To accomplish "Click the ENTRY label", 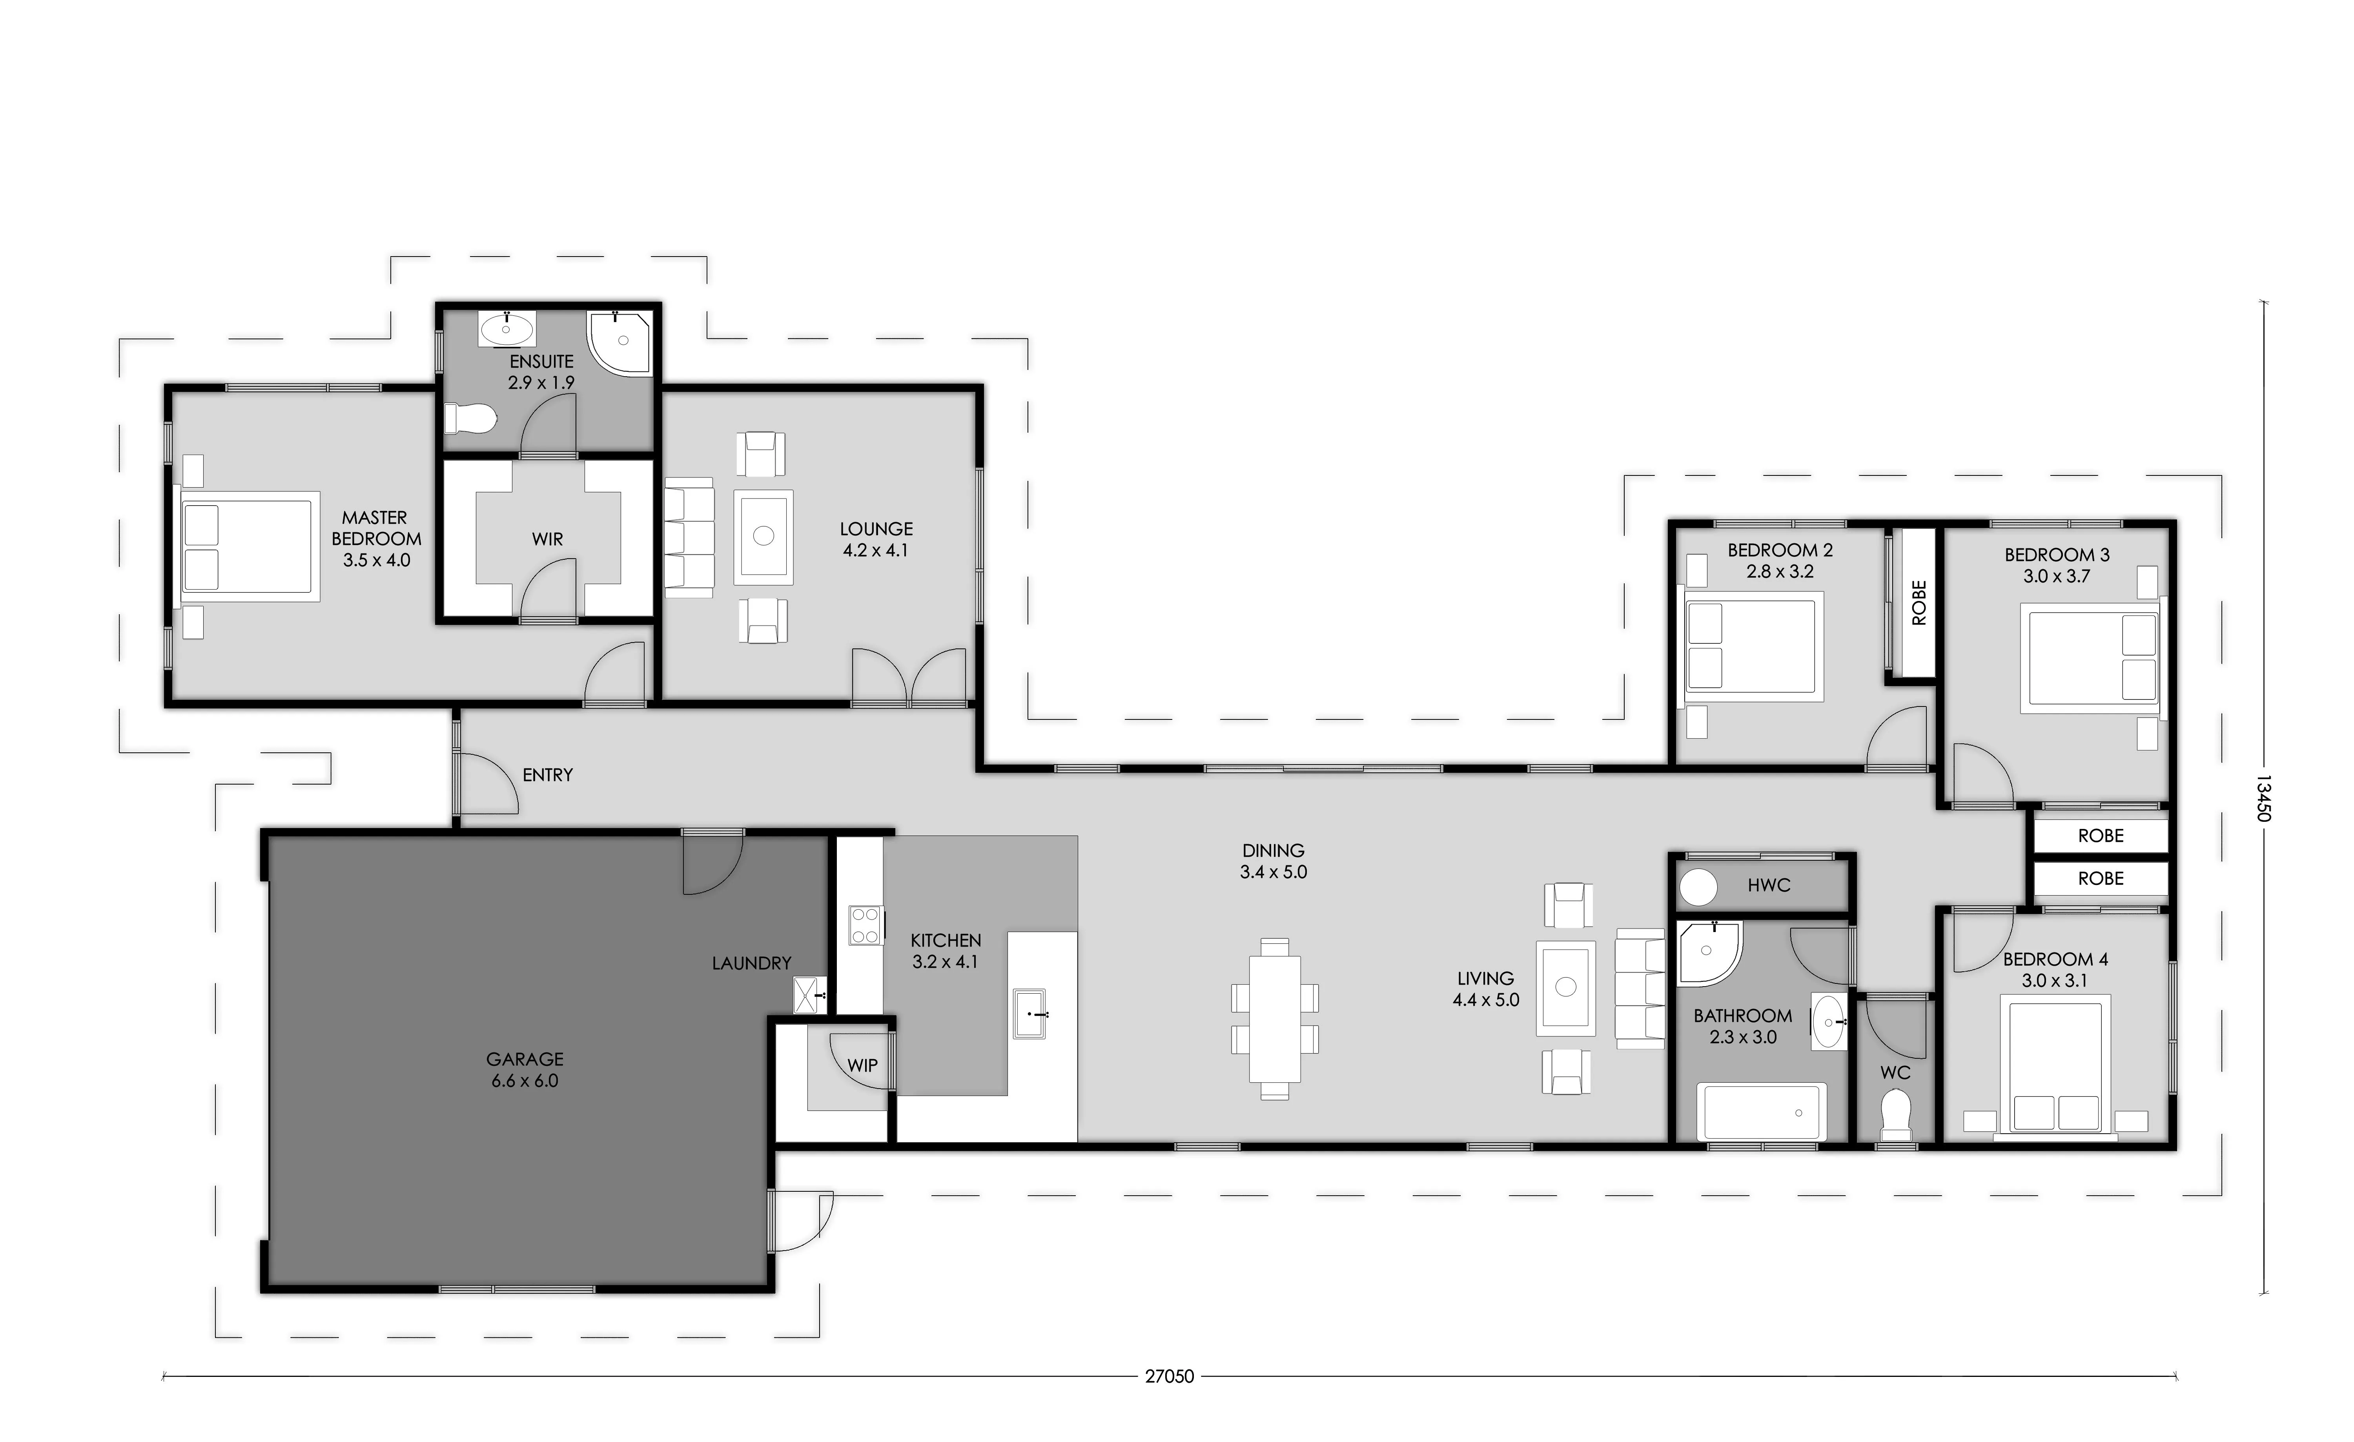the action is pyautogui.click(x=547, y=776).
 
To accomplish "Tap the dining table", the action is pyautogui.click(x=1274, y=1019).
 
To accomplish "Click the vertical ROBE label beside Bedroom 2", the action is pyautogui.click(x=1919, y=603).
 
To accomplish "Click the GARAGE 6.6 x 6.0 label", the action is pyautogui.click(x=525, y=1070).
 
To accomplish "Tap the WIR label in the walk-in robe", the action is pyautogui.click(x=547, y=539).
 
